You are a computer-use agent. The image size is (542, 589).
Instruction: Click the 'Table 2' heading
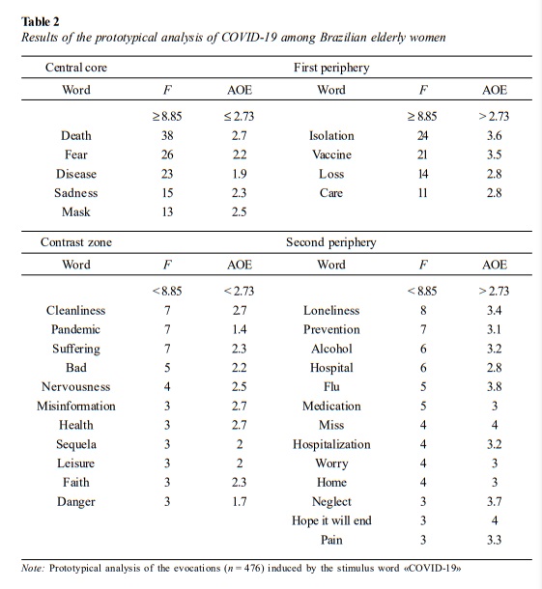pyautogui.click(x=41, y=21)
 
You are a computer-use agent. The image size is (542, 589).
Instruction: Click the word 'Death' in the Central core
pyautogui.click(x=76, y=135)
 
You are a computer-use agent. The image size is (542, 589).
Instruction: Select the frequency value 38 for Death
pyautogui.click(x=167, y=135)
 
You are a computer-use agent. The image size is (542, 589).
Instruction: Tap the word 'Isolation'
pyautogui.click(x=331, y=135)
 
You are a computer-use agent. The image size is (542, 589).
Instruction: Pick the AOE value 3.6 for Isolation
pyautogui.click(x=495, y=135)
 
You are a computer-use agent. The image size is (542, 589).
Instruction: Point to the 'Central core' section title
pyautogui.click(x=76, y=68)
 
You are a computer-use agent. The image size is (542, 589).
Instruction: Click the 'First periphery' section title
pyautogui.click(x=331, y=68)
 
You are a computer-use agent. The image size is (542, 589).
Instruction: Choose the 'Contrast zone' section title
pyautogui.click(x=76, y=242)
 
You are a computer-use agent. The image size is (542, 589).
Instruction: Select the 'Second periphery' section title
pyautogui.click(x=331, y=242)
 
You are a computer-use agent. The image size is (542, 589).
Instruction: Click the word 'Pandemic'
pyautogui.click(x=76, y=329)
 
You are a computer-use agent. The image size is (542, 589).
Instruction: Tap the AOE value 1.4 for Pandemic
pyautogui.click(x=239, y=329)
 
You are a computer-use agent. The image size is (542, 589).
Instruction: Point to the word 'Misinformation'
pyautogui.click(x=76, y=407)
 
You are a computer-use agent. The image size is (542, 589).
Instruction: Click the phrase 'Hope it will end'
pyautogui.click(x=331, y=521)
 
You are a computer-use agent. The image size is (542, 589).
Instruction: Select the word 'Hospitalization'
pyautogui.click(x=331, y=445)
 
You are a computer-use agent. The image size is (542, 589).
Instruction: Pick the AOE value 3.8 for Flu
pyautogui.click(x=495, y=387)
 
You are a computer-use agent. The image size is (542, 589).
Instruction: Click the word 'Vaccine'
pyautogui.click(x=331, y=154)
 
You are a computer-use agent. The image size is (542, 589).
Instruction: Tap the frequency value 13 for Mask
pyautogui.click(x=167, y=211)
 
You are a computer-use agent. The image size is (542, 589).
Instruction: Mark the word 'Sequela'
pyautogui.click(x=76, y=445)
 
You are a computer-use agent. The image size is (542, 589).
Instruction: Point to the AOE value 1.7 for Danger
pyautogui.click(x=239, y=501)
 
